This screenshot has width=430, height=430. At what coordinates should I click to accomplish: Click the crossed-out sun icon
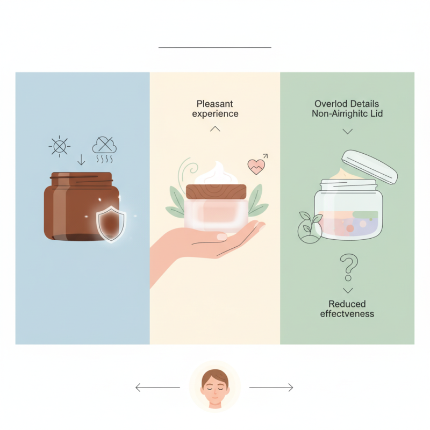(x=59, y=146)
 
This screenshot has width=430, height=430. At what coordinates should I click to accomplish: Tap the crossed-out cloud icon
(x=104, y=144)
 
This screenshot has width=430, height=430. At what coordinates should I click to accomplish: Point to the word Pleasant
(x=215, y=104)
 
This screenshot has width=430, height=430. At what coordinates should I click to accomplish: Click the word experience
(x=215, y=114)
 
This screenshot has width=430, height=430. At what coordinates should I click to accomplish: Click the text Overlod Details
(x=347, y=104)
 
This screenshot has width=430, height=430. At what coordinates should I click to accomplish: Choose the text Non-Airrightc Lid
(x=347, y=114)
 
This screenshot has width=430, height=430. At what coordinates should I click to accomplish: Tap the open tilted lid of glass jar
(x=370, y=165)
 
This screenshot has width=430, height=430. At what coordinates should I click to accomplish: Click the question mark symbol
(x=349, y=268)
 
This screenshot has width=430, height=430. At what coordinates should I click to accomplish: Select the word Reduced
(x=347, y=304)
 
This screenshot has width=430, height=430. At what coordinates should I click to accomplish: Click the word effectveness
(x=347, y=314)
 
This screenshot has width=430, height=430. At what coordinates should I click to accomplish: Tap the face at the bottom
(x=215, y=385)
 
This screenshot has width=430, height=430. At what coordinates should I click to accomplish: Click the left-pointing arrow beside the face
(x=157, y=387)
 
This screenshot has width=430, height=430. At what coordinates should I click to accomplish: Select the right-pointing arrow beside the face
(x=271, y=387)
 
